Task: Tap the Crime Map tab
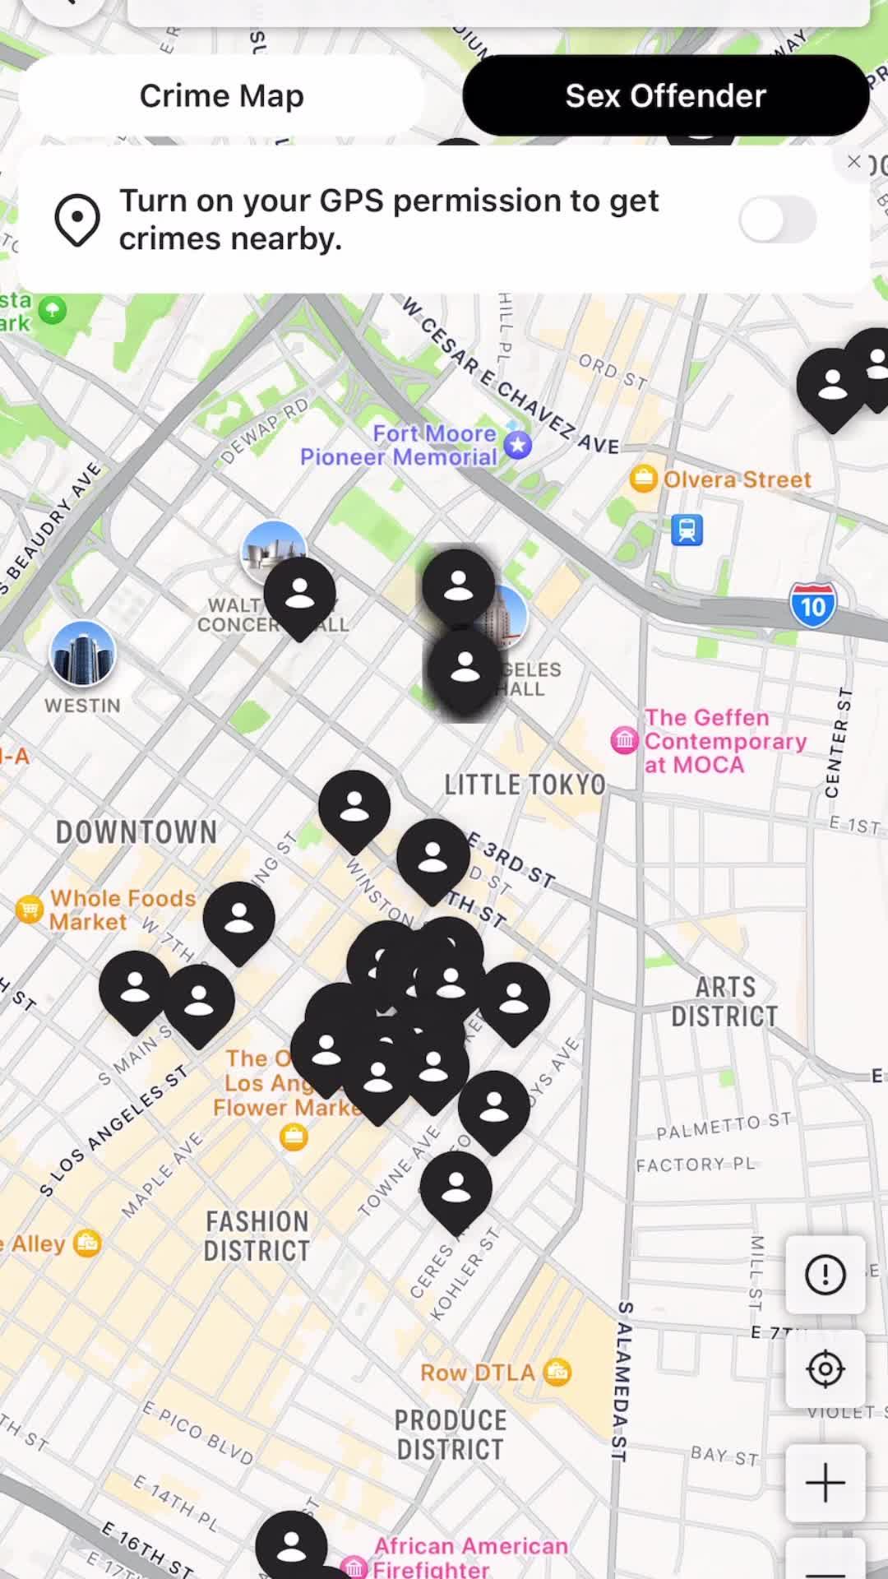[221, 96]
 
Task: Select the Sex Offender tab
[665, 96]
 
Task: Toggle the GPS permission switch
[777, 220]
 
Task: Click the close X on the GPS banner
[854, 162]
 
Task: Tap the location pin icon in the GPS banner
[77, 220]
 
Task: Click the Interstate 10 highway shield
[812, 606]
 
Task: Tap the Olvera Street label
[737, 479]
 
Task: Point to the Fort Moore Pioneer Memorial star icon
[517, 445]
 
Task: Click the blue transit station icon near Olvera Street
[687, 530]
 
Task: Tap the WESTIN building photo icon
[82, 654]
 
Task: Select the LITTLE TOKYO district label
[525, 785]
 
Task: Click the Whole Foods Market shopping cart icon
[30, 910]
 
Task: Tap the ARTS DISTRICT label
[724, 1002]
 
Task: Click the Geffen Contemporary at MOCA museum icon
[625, 741]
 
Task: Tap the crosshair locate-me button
[825, 1369]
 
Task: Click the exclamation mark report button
[825, 1275]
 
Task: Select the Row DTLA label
[477, 1373]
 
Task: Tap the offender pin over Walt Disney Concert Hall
[299, 593]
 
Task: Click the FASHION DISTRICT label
[257, 1236]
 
